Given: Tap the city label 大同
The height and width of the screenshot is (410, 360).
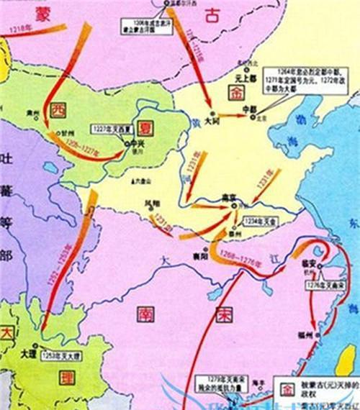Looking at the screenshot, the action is point(213,122).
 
